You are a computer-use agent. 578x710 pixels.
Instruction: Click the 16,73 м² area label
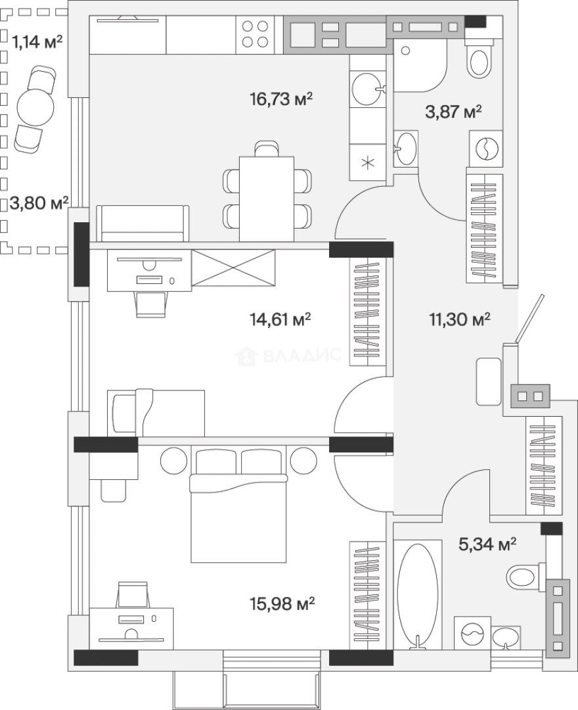pos(281,99)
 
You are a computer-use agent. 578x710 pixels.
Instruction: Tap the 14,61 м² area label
pos(280,319)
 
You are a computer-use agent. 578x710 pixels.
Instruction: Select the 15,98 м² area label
pos(282,603)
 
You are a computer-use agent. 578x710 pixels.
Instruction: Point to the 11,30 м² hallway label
pos(460,319)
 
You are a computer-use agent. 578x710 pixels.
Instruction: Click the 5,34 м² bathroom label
pos(487,544)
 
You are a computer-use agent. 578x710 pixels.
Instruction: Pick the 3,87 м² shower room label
pos(453,111)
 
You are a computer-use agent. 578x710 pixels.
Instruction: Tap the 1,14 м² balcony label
pos(37,42)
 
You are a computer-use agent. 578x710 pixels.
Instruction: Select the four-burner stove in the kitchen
pos(255,34)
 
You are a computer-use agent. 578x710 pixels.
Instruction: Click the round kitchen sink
pos(367,89)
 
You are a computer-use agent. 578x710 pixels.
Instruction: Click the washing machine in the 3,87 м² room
pos(486,148)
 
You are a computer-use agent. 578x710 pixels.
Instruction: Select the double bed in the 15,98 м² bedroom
pos(238,504)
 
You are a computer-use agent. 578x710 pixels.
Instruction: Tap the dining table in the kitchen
pos(267,199)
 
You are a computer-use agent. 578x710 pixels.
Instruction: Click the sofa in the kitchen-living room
pos(143,224)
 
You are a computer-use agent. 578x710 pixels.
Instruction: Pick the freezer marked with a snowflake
pos(367,162)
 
